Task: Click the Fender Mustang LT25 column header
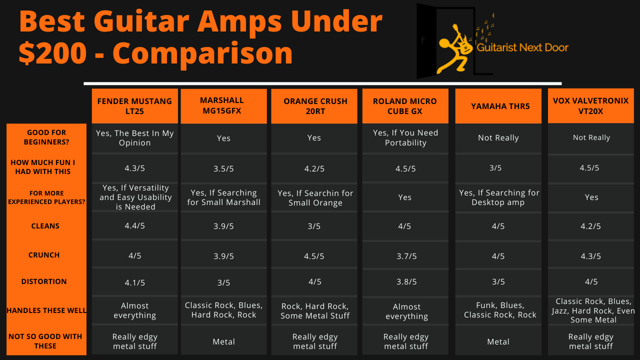pyautogui.click(x=134, y=106)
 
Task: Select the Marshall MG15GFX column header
pyautogui.click(x=223, y=105)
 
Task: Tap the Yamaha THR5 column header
pyautogui.click(x=498, y=106)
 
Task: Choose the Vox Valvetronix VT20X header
pyautogui.click(x=590, y=106)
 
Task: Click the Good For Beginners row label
pyautogui.click(x=46, y=137)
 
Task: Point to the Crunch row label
pyautogui.click(x=44, y=255)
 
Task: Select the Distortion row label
pyautogui.click(x=44, y=281)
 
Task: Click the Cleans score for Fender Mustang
pyautogui.click(x=134, y=226)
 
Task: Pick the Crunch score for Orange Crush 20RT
pyautogui.click(x=314, y=256)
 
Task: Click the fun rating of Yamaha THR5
pyautogui.click(x=495, y=168)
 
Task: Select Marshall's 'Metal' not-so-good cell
pyautogui.click(x=223, y=342)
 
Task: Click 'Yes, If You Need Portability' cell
pyautogui.click(x=405, y=137)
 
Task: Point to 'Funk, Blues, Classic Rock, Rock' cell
pyautogui.click(x=499, y=310)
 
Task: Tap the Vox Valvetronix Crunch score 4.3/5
pyautogui.click(x=591, y=256)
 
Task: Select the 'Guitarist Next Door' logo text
pyautogui.click(x=522, y=48)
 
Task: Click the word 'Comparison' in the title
pyautogui.click(x=202, y=52)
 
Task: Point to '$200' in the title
pyautogui.click(x=52, y=52)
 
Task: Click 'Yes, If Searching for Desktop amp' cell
pyautogui.click(x=498, y=197)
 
